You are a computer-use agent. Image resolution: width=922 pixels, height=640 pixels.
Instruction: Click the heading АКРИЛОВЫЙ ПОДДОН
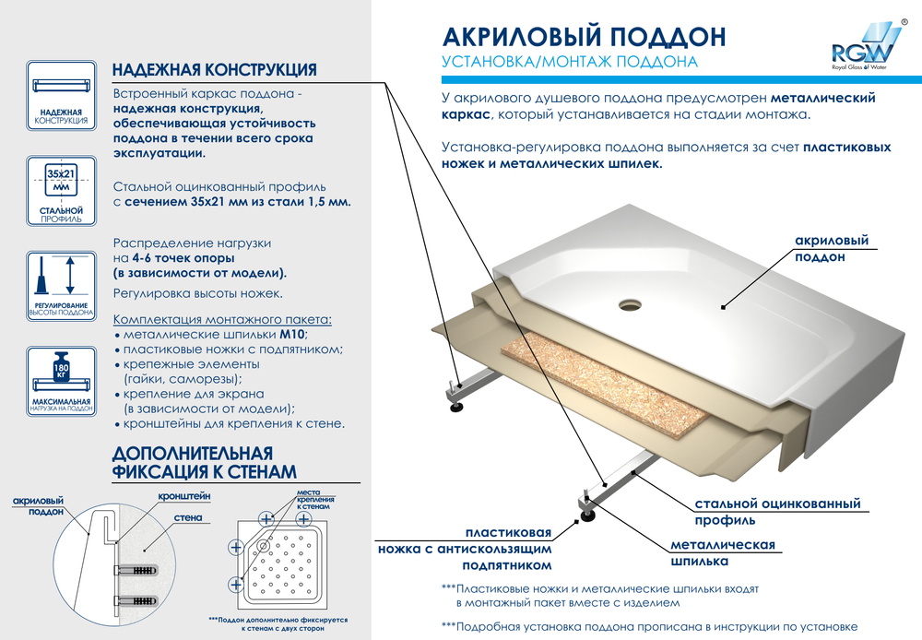coord(584,36)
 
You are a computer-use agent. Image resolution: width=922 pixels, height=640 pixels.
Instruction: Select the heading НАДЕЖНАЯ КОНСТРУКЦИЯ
coord(215,70)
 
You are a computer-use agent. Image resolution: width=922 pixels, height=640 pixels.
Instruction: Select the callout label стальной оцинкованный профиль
coord(776,512)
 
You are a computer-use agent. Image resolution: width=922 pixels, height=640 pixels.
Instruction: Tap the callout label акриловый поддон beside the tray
coord(831,249)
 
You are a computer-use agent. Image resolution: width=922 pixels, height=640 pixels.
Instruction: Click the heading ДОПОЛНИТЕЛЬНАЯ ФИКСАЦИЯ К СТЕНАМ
coord(204,462)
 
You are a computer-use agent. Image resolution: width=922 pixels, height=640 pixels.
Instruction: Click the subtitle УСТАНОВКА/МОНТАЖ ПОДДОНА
coord(569,63)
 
